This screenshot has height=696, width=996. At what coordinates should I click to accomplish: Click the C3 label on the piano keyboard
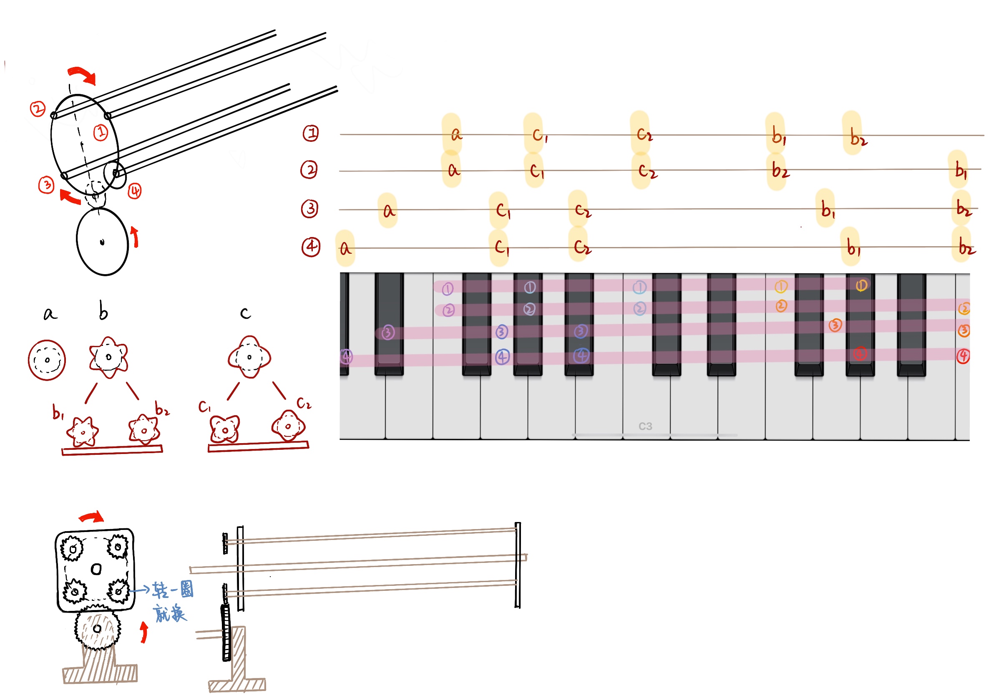point(645,426)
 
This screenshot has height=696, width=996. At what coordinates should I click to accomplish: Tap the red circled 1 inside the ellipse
point(101,132)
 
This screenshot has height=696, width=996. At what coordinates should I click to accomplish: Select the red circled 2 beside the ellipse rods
point(38,108)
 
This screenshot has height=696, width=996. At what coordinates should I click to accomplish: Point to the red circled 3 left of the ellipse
point(46,185)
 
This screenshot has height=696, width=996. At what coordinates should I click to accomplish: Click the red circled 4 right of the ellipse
point(135,191)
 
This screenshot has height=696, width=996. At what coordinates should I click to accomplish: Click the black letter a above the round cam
point(50,313)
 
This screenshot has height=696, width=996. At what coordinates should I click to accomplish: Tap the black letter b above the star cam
point(103,311)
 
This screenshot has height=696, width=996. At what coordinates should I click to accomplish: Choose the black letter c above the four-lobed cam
point(245,313)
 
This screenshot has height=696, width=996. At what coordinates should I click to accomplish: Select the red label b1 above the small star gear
point(58,412)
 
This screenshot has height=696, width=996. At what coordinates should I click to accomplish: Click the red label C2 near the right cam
point(304,403)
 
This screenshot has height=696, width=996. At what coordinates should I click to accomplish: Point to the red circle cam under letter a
point(47,360)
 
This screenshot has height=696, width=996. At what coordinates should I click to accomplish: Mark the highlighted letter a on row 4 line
point(345,249)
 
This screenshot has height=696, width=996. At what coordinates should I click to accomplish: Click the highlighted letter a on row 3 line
point(388,211)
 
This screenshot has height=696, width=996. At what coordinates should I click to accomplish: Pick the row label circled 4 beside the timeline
point(311,247)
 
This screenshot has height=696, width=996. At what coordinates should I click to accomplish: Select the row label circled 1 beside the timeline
point(311,133)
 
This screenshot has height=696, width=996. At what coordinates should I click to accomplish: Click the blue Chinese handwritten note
point(171,601)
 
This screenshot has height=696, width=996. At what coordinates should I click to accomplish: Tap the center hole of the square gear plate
point(96,569)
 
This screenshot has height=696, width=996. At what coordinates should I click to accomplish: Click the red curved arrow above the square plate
point(91,516)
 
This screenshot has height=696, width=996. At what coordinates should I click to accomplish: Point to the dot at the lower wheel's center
point(102,242)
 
